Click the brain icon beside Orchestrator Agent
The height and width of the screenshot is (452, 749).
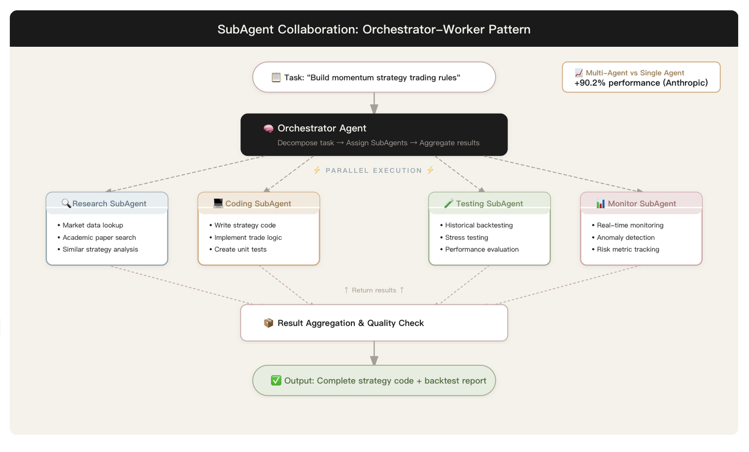pyautogui.click(x=268, y=129)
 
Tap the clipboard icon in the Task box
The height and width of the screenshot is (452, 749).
pyautogui.click(x=276, y=77)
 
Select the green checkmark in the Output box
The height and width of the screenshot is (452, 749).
pyautogui.click(x=276, y=381)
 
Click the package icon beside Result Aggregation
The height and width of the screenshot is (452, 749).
pyautogui.click(x=268, y=323)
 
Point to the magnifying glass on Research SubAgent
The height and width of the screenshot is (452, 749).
pyautogui.click(x=66, y=204)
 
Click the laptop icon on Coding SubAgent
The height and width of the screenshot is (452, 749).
pyautogui.click(x=218, y=204)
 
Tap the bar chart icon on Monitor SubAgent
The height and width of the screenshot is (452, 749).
pyautogui.click(x=601, y=204)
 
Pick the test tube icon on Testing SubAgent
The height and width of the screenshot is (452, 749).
pyautogui.click(x=448, y=204)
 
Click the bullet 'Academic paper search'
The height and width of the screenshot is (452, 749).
pyautogui.click(x=97, y=237)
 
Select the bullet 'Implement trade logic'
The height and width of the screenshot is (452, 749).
pyautogui.click(x=246, y=237)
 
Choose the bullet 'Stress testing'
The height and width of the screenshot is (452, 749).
pyautogui.click(x=464, y=237)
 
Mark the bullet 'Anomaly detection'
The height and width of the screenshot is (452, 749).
pyautogui.click(x=623, y=237)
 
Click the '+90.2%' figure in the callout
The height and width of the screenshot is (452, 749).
pyautogui.click(x=590, y=83)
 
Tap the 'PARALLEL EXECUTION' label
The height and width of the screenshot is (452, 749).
pyautogui.click(x=373, y=171)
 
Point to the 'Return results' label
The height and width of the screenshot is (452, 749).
pyautogui.click(x=374, y=290)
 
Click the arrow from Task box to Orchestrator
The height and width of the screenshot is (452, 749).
pyautogui.click(x=374, y=103)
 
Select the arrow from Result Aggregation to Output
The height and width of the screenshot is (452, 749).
pyautogui.click(x=374, y=353)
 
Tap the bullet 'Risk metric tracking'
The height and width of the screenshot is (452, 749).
pyautogui.click(x=625, y=249)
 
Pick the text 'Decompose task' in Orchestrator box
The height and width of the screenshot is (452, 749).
pyautogui.click(x=306, y=143)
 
